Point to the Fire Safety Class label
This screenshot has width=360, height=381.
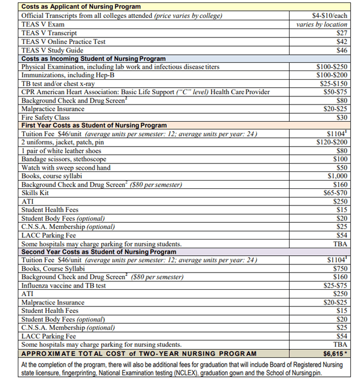tap(45, 117)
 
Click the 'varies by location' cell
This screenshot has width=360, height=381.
tap(321, 24)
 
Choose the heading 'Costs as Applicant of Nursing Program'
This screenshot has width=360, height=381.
tap(81, 6)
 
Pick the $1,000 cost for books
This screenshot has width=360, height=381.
tap(337, 176)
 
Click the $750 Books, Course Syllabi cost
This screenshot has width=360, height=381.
tap(339, 268)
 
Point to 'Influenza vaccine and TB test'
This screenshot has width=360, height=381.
tap(63, 285)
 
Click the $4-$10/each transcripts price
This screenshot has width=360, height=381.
tap(329, 16)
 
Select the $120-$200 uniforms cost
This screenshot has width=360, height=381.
tap(332, 142)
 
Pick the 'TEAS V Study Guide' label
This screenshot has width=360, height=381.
tap(52, 50)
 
